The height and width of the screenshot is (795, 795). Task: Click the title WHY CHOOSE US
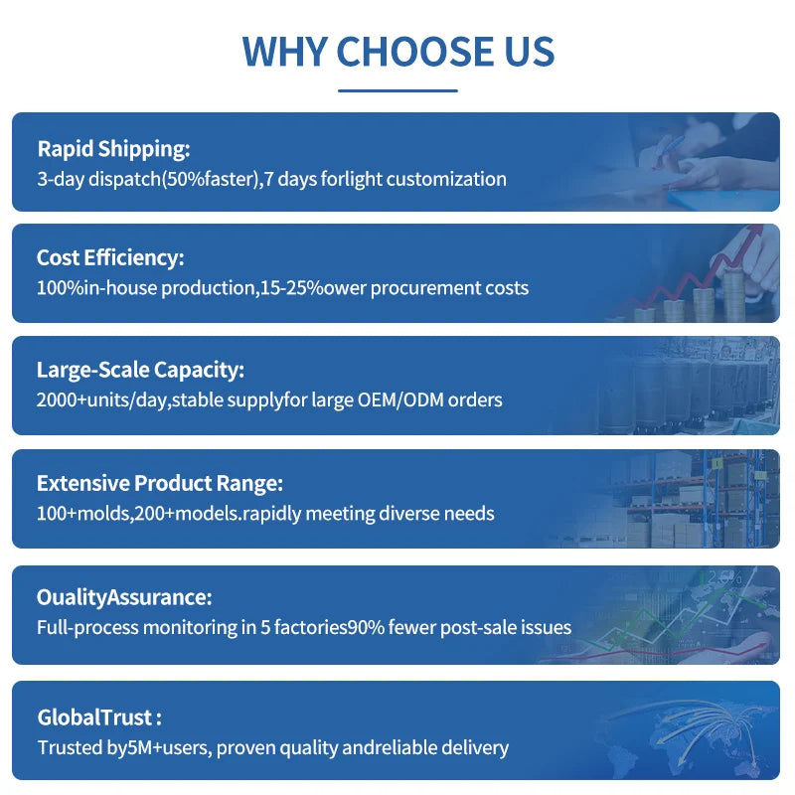tap(398, 52)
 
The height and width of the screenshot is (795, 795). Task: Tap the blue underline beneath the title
tap(398, 90)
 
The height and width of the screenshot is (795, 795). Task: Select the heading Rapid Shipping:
tap(113, 149)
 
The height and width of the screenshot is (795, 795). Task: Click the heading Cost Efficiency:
tap(110, 257)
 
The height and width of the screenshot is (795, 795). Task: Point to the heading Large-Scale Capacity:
tap(140, 370)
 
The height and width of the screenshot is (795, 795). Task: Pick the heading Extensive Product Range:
tap(160, 483)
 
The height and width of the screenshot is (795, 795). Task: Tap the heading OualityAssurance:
tap(124, 597)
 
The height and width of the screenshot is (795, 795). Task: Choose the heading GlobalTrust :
tap(99, 717)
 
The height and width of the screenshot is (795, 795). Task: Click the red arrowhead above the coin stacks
tap(753, 232)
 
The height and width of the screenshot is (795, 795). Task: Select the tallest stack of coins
tap(733, 296)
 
